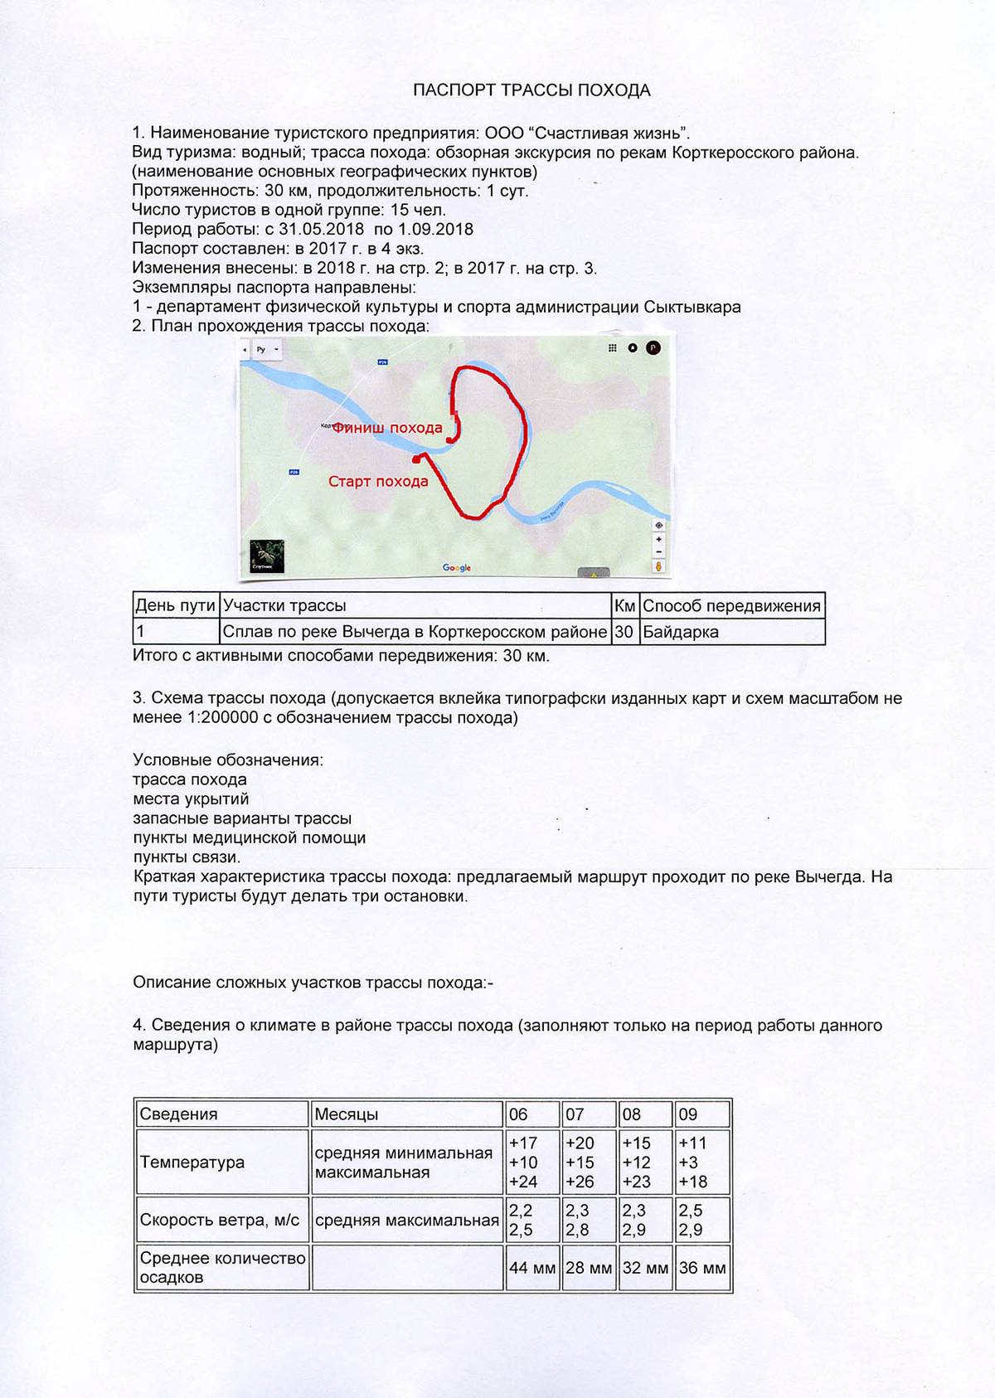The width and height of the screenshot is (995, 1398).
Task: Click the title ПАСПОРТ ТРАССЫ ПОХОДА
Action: (531, 90)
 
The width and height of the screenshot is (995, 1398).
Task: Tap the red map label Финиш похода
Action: (387, 428)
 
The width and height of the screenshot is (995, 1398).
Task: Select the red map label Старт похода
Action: (378, 482)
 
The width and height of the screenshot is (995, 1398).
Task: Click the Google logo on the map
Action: (457, 568)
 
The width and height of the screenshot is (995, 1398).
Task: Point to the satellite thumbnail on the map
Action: (267, 556)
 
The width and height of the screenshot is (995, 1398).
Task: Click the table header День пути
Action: (175, 606)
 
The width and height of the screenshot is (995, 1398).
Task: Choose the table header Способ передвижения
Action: (731, 606)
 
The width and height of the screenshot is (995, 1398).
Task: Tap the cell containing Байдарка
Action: (681, 632)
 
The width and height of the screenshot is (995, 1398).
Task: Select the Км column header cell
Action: (624, 606)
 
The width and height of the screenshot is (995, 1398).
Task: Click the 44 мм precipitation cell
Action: (531, 1268)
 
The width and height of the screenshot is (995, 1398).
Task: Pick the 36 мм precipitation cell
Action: (702, 1268)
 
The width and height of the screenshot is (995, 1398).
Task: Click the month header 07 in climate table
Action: (575, 1114)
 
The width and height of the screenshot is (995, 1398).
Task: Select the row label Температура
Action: (192, 1163)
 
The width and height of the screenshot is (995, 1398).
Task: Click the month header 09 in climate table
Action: (688, 1114)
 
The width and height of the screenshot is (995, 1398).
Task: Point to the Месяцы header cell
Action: (347, 1114)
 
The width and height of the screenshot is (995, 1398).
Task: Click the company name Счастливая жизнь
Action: (609, 133)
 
